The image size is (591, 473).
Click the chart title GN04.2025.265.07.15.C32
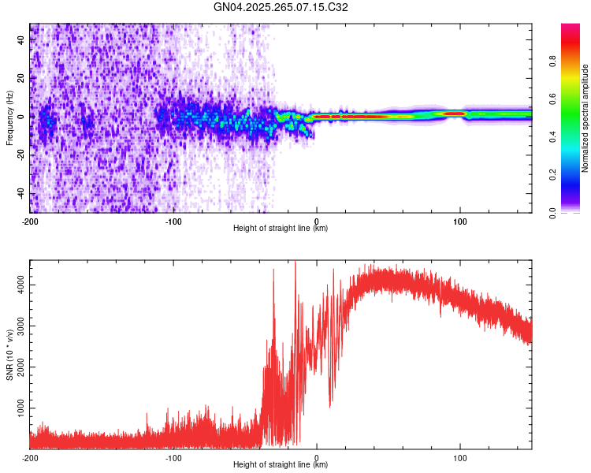pos(281,7)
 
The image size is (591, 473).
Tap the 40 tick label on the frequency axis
pos(21,40)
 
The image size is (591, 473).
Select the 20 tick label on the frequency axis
pos(21,78)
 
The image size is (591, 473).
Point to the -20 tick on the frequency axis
pos(21,155)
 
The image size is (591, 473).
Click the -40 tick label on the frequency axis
pos(21,193)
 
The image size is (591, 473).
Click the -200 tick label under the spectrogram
pos(30,222)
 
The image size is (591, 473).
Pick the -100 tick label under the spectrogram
pos(173,222)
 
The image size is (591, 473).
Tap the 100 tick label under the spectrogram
pos(460,222)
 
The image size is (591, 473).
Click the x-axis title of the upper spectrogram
pos(281,229)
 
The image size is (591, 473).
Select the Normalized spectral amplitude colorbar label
pos(585,118)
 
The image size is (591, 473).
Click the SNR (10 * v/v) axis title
pos(9,355)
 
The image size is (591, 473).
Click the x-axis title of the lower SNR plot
pos(281,465)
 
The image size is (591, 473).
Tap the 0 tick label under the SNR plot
pos(317,458)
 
